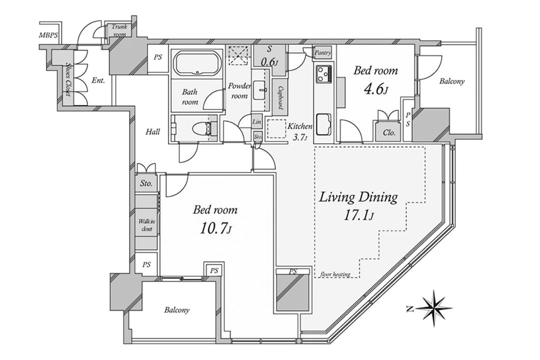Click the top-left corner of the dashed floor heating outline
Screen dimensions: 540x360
pos(315,147)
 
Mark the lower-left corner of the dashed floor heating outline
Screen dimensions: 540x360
pos(315,277)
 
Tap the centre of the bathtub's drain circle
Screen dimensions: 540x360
pos(197,72)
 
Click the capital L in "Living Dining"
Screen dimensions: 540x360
pos(323,197)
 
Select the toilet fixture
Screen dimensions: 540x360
pos(203,128)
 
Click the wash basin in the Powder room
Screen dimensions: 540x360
pos(260,90)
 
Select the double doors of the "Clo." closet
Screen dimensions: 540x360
pos(388,115)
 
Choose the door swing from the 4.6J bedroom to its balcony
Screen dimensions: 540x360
pos(429,66)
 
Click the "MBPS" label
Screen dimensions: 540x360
pos(48,35)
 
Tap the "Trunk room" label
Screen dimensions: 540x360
pos(119,30)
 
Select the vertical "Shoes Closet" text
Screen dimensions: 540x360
pos(68,79)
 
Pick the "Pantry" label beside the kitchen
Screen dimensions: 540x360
pos(322,52)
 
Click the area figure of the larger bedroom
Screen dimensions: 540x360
pos(215,228)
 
